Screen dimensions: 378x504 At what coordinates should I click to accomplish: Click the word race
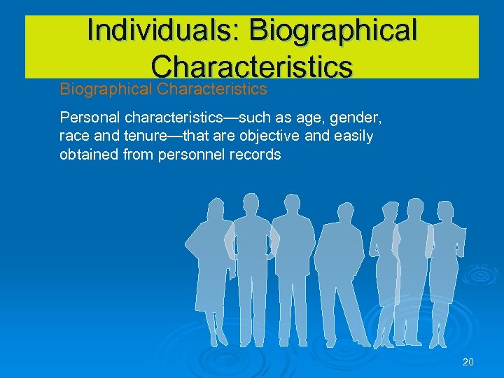point(73,135)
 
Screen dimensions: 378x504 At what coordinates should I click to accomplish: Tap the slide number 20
point(468,362)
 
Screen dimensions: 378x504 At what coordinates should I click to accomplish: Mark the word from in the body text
point(142,155)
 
